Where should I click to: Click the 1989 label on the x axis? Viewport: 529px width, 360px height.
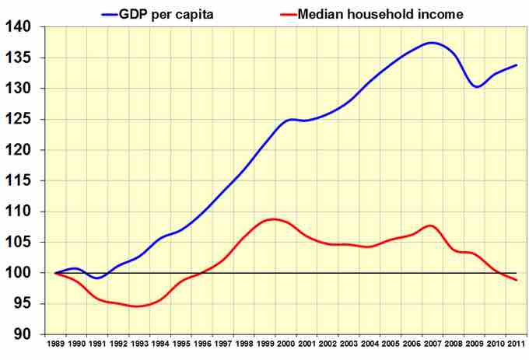click(x=56, y=344)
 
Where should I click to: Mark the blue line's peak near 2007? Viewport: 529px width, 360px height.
click(x=433, y=43)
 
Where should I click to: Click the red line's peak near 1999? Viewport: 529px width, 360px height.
click(x=273, y=219)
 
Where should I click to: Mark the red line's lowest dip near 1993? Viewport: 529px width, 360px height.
click(x=138, y=306)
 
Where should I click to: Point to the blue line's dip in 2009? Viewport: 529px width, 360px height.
click(x=476, y=86)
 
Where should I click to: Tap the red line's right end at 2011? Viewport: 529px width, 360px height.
click(x=517, y=280)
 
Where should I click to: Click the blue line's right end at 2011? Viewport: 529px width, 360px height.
click(x=517, y=65)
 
